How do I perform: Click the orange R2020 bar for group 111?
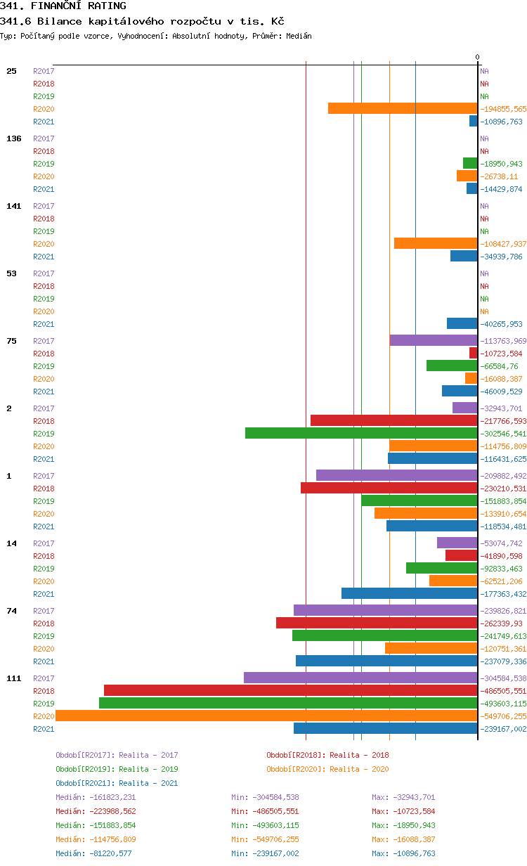(x=266, y=716)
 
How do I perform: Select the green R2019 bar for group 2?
(x=361, y=433)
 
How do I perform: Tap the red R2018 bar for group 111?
(x=290, y=690)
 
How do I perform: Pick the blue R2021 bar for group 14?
(x=409, y=593)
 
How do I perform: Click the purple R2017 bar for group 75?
(x=434, y=340)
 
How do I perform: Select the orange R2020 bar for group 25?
(x=403, y=108)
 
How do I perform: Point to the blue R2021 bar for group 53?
(x=462, y=323)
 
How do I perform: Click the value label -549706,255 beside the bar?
(x=503, y=716)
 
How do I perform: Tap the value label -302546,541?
(x=503, y=434)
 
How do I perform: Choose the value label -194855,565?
(x=503, y=109)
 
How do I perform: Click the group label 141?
(x=14, y=206)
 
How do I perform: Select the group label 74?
(x=11, y=611)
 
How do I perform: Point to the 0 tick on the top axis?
(x=477, y=58)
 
